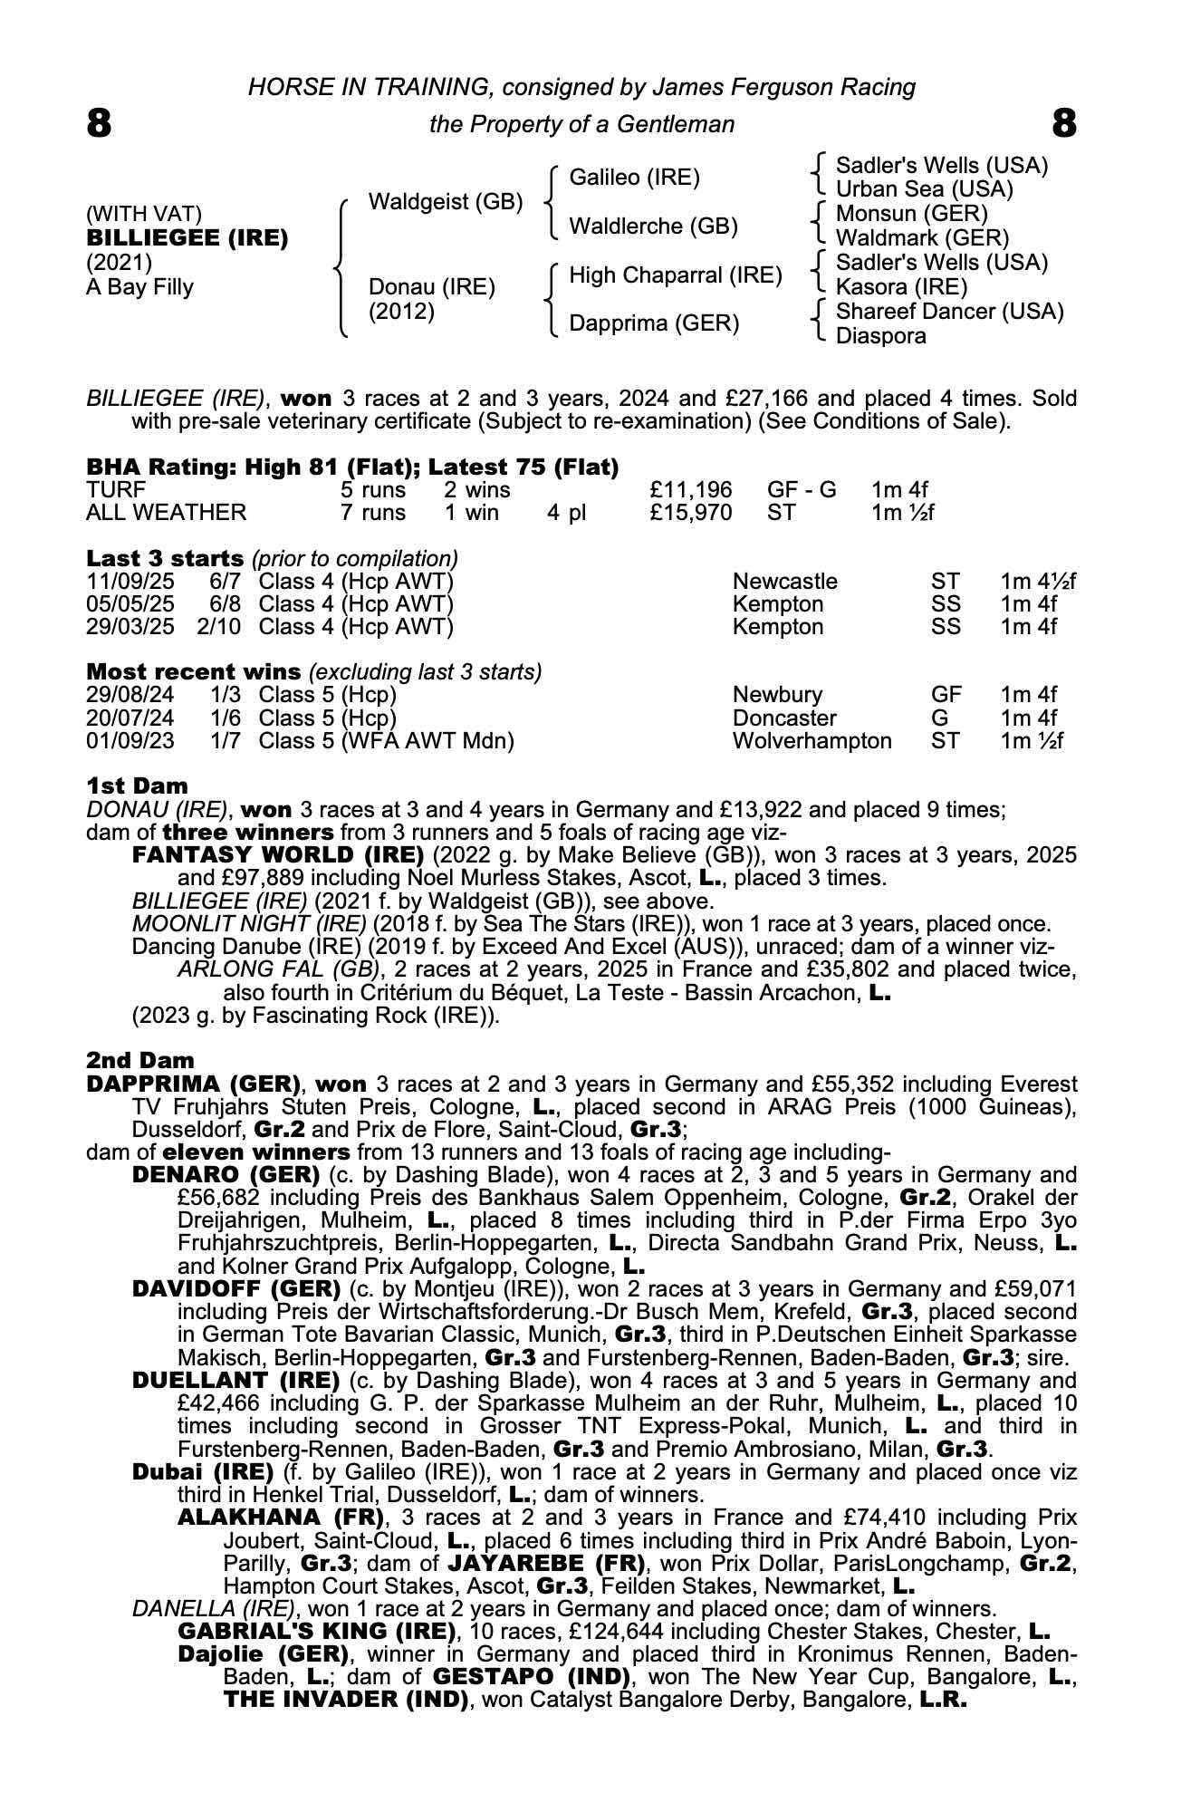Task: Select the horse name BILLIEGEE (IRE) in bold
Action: [187, 238]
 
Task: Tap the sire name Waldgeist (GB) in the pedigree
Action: [446, 202]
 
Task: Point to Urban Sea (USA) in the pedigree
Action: [924, 189]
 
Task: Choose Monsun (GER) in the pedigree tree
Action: [911, 214]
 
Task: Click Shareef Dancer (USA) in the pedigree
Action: [949, 312]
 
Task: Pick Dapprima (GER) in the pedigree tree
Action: [654, 323]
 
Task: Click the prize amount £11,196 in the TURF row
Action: [691, 490]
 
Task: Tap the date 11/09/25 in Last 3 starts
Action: [130, 582]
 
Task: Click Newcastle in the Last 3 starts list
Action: [785, 582]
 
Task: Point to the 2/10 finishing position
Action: [218, 627]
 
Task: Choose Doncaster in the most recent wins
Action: [784, 718]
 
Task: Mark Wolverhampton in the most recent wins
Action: [812, 741]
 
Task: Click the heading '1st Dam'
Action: [137, 786]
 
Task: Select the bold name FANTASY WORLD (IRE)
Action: [278, 855]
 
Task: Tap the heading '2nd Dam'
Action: [140, 1060]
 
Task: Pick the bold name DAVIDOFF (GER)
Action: [236, 1288]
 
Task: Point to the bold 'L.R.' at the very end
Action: [944, 1700]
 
